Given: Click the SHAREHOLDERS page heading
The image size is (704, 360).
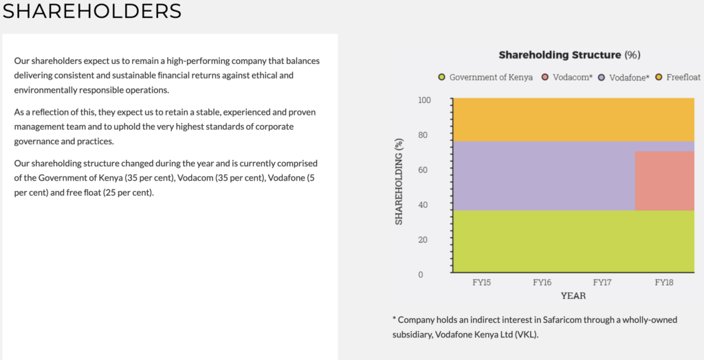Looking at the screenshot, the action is pos(92,11).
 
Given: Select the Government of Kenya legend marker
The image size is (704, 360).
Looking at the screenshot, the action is pos(442,77).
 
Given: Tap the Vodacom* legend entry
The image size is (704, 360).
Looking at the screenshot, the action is pos(567,77).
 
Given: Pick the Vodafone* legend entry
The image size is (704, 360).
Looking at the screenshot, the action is pos(624,77).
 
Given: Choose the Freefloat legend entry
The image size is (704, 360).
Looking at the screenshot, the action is pos(678,77).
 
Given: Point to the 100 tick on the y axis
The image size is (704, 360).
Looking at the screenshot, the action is pos(424,100).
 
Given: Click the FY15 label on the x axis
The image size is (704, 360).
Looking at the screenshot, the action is pos(481,283).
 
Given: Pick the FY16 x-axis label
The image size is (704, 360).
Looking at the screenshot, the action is pos(542,283).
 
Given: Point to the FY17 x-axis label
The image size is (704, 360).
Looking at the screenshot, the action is pos(602,283).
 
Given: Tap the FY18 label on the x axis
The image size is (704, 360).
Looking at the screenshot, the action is pos(664,283).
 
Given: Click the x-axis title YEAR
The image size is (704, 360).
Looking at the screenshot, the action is pos(573,296).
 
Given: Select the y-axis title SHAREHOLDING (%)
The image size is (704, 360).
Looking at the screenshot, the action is pos(399,182).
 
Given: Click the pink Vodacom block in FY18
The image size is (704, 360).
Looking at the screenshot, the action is pos(665,181).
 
